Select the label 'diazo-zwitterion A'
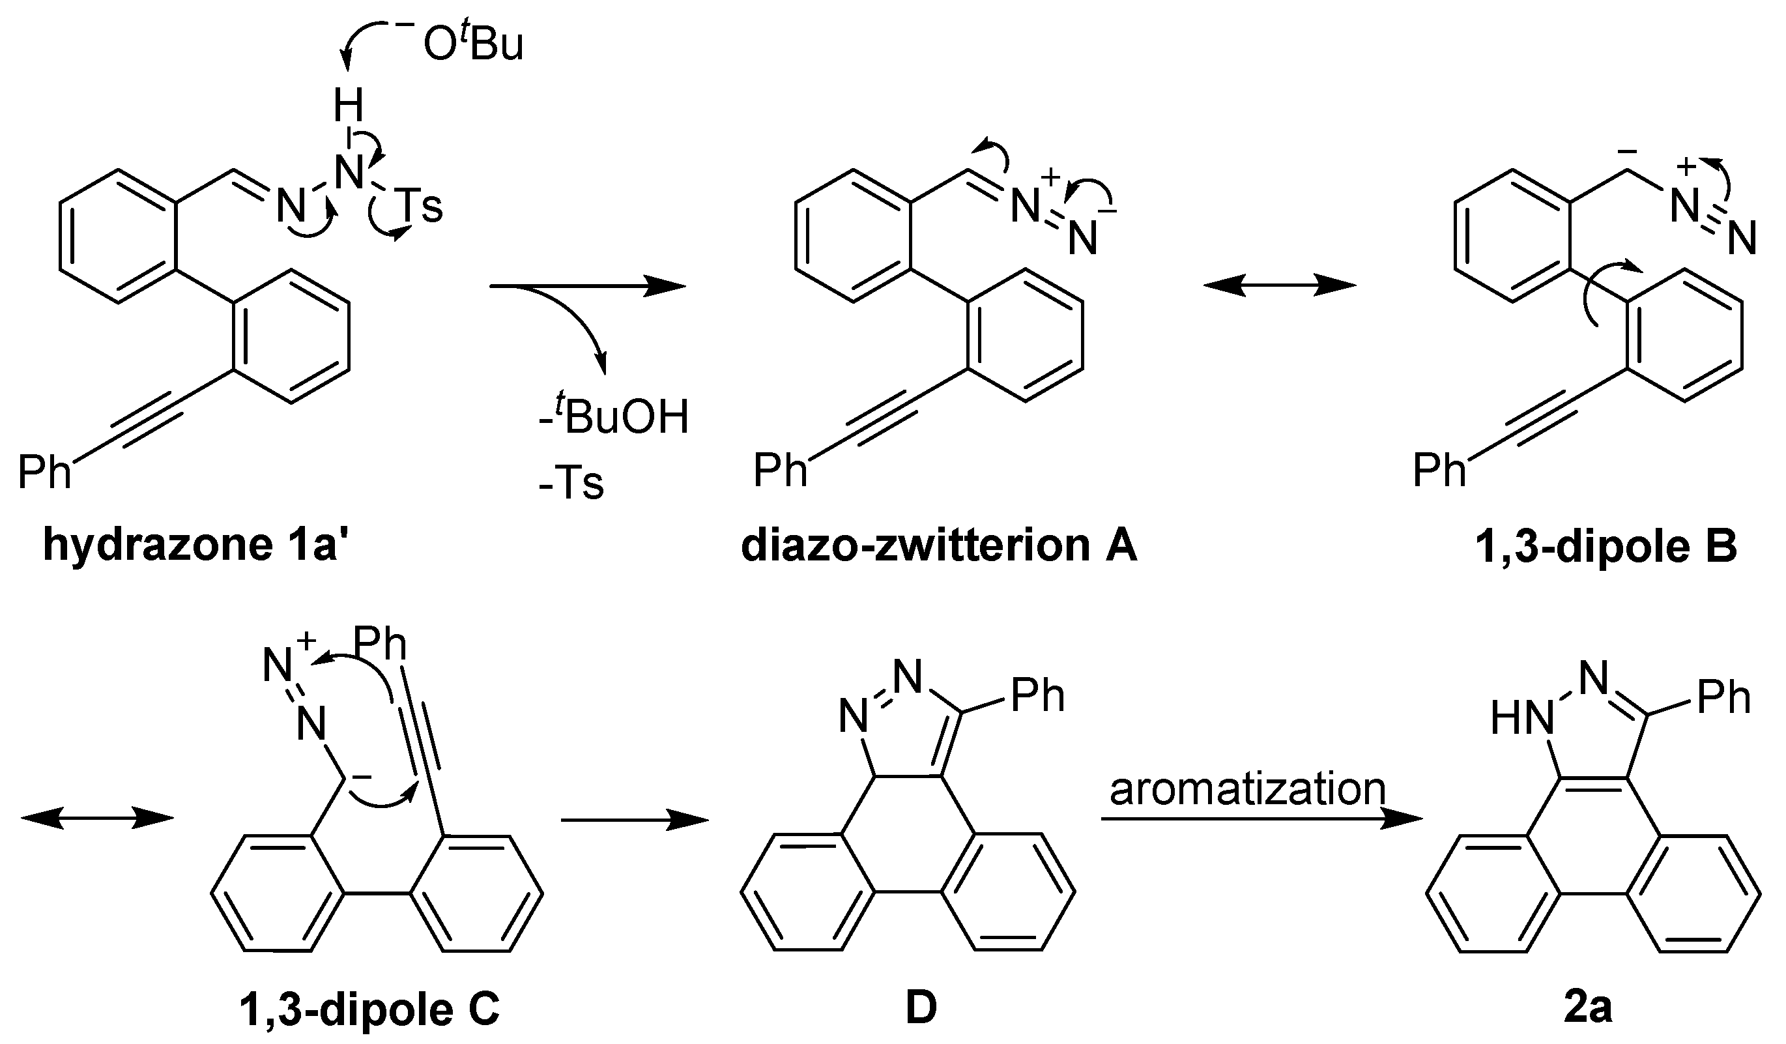pyautogui.click(x=938, y=545)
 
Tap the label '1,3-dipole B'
pyautogui.click(x=1606, y=545)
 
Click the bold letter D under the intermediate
pyautogui.click(x=921, y=1007)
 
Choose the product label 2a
pyautogui.click(x=1587, y=1007)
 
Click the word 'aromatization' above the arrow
pyautogui.click(x=1246, y=788)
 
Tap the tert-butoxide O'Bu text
pyautogui.click(x=472, y=45)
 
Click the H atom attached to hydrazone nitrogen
pyautogui.click(x=348, y=106)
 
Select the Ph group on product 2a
pyautogui.click(x=1723, y=697)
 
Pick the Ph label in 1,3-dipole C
pyautogui.click(x=380, y=644)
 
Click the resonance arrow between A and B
pyautogui.click(x=1279, y=286)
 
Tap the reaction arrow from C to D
pyautogui.click(x=634, y=820)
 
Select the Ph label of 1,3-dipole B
pyautogui.click(x=1439, y=470)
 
